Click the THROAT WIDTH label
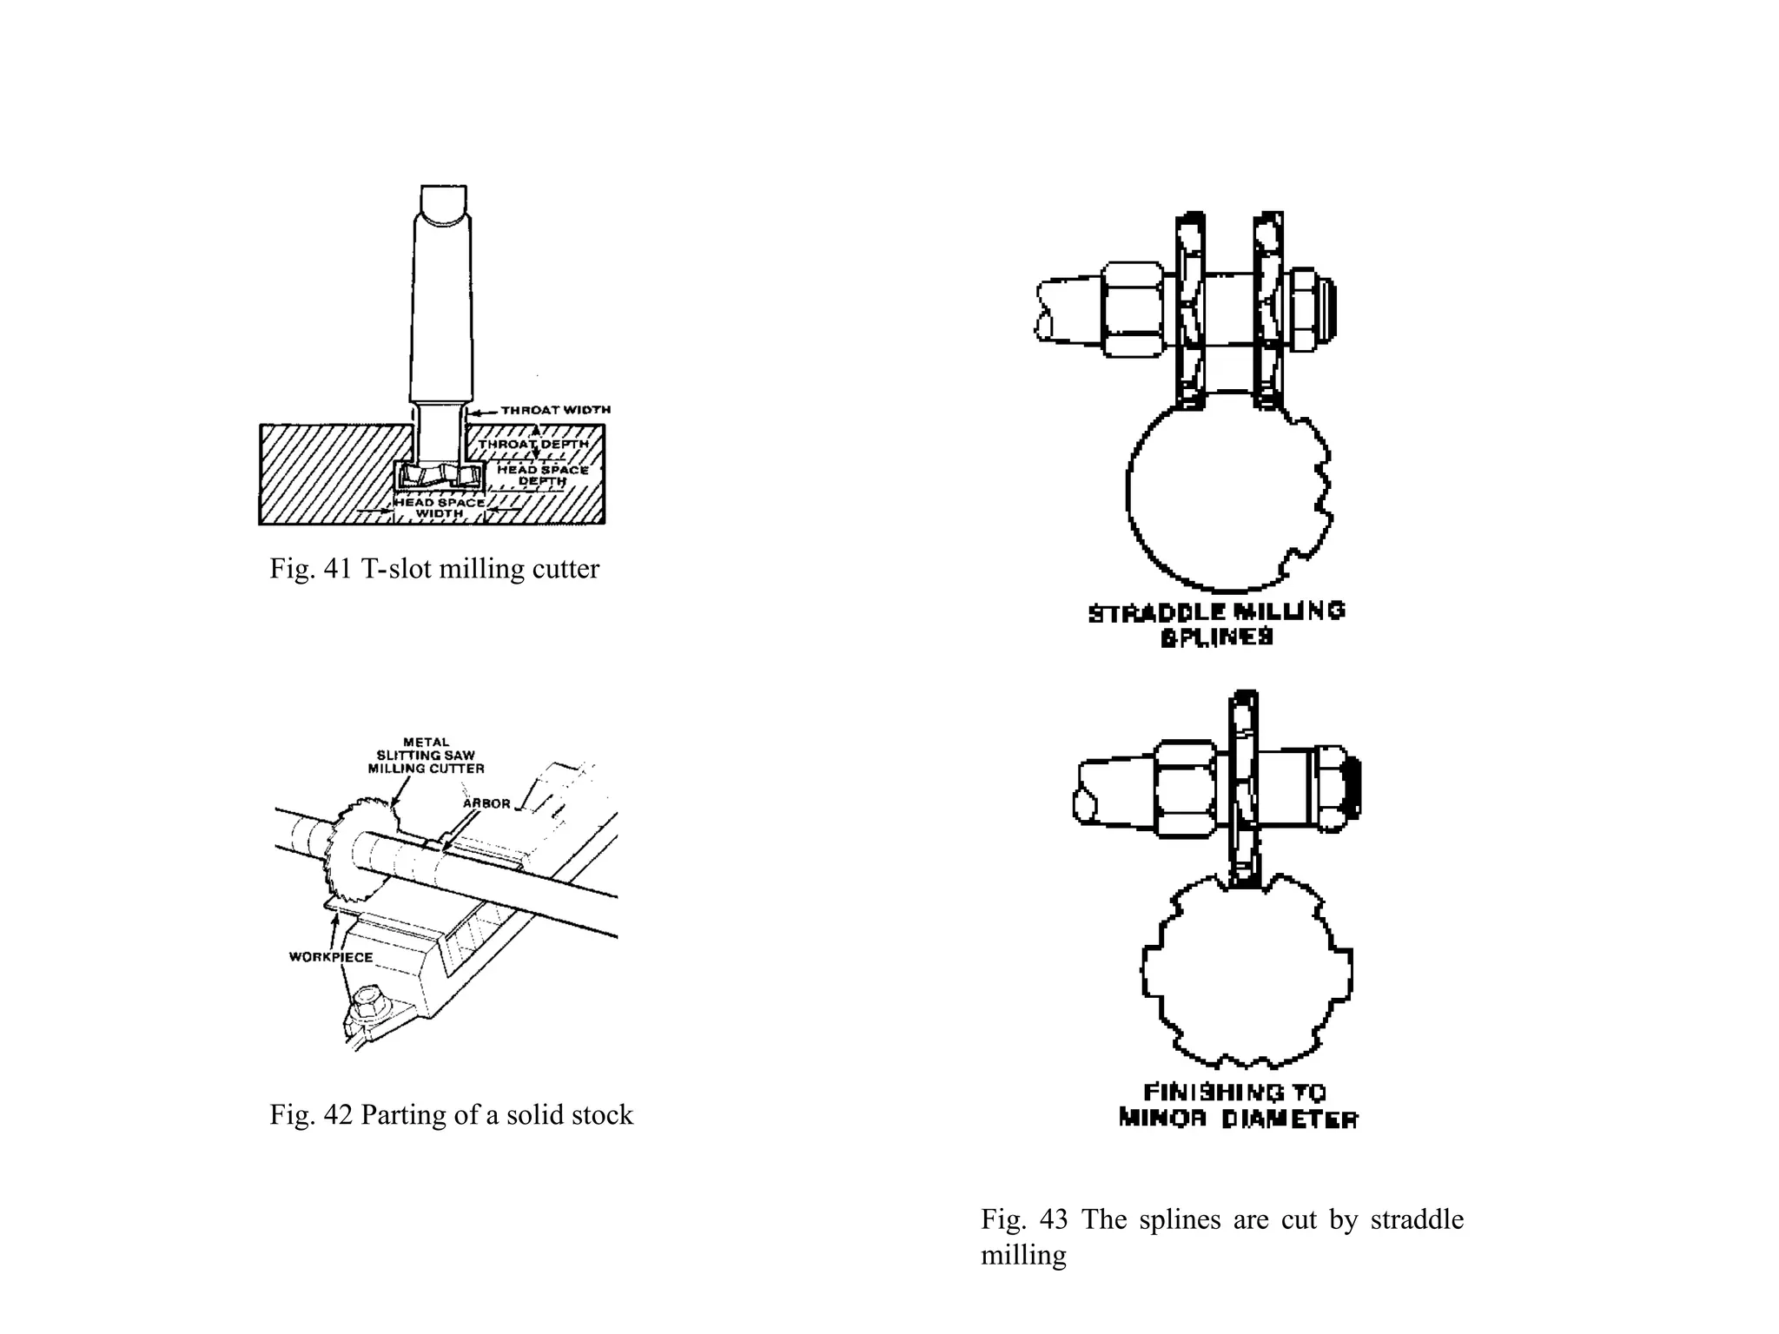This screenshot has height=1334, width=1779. coord(555,410)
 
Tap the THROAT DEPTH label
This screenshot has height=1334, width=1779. coord(532,444)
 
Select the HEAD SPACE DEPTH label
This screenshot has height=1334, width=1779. coord(542,475)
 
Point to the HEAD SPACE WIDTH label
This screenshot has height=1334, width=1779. coord(440,508)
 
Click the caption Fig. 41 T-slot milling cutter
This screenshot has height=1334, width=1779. coord(434,569)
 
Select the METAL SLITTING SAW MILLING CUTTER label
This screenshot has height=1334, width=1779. coord(426,756)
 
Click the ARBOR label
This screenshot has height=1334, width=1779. coord(486,803)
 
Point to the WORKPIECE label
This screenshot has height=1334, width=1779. coord(331,957)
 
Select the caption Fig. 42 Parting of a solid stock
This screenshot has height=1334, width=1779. coord(451,1114)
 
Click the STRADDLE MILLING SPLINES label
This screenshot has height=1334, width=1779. coord(1216,624)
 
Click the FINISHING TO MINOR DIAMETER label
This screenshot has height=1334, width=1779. coord(1237,1105)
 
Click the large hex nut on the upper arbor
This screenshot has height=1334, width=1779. coord(1132,308)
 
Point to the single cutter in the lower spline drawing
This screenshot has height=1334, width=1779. coord(1244,790)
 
